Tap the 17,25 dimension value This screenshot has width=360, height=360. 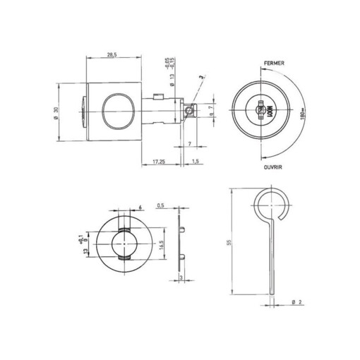click(x=159, y=162)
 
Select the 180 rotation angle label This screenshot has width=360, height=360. click(x=301, y=113)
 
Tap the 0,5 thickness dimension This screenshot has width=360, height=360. click(x=162, y=207)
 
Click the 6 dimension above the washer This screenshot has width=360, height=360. click(x=140, y=207)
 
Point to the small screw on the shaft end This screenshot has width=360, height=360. click(x=188, y=110)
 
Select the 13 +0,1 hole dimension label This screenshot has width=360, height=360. click(x=86, y=247)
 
